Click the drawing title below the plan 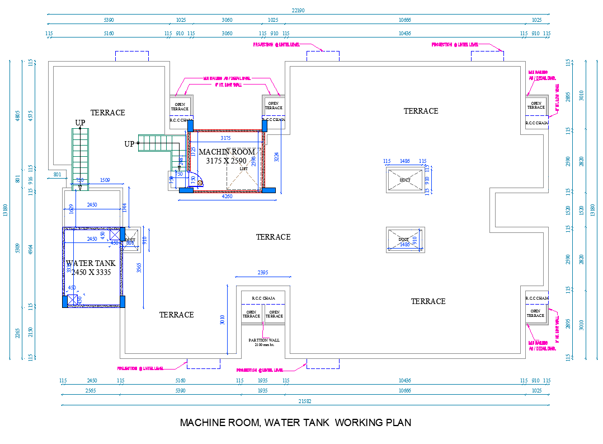pyautogui.click(x=295, y=423)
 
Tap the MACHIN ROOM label pyautogui.click(x=227, y=152)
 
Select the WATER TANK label pyautogui.click(x=91, y=263)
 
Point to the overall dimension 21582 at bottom pyautogui.click(x=305, y=401)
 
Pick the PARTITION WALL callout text pyautogui.click(x=264, y=340)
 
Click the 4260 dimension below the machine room pyautogui.click(x=227, y=197)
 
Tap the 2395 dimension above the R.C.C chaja pyautogui.click(x=263, y=273)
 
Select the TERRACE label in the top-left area pyautogui.click(x=108, y=113)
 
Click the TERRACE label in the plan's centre pyautogui.click(x=273, y=237)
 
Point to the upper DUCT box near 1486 pyautogui.click(x=405, y=180)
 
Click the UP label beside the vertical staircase pyautogui.click(x=81, y=123)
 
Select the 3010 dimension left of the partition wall pyautogui.click(x=222, y=320)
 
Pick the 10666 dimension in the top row pyautogui.click(x=405, y=20)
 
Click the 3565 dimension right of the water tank pyautogui.click(x=139, y=268)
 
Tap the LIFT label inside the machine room pyautogui.click(x=243, y=169)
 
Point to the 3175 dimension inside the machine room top pyautogui.click(x=225, y=138)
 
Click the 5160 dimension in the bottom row pyautogui.click(x=180, y=381)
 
